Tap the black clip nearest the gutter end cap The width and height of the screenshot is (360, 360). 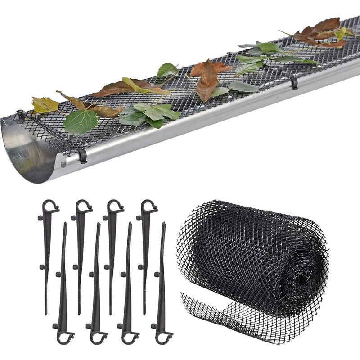[x=82, y=156]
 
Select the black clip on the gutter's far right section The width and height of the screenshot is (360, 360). [x=294, y=83]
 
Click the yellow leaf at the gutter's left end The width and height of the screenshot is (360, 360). [x=45, y=105]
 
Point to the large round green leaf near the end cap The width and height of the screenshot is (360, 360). [x=81, y=122]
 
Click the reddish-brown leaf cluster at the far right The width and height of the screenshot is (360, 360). [x=322, y=34]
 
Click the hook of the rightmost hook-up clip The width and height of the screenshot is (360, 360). [x=149, y=206]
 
